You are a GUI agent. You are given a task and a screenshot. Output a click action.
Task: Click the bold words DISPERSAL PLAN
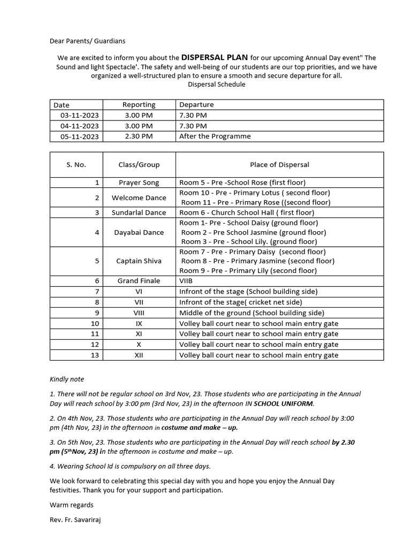click(214, 57)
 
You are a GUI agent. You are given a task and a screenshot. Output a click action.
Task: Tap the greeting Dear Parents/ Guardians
click(88, 41)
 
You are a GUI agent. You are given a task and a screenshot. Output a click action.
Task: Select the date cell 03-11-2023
click(79, 116)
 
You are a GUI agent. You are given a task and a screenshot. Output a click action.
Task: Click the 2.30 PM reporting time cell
click(139, 136)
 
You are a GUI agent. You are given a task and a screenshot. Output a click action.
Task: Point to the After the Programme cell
click(215, 136)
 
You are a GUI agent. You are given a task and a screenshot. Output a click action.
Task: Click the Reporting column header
click(139, 105)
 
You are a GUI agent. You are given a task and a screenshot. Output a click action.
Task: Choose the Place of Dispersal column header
click(279, 165)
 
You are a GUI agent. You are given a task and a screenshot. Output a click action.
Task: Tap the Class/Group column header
click(139, 165)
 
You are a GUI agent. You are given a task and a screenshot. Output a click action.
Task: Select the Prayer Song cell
click(139, 182)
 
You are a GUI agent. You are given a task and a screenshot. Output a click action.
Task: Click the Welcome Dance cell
click(139, 198)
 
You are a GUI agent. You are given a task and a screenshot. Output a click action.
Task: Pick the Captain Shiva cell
click(139, 261)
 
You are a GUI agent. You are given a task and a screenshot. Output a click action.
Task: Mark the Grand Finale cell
click(139, 281)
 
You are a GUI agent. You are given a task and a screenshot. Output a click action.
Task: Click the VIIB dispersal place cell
click(186, 281)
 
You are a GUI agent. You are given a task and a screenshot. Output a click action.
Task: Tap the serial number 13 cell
click(95, 355)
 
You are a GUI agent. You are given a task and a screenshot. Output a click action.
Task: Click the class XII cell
click(139, 355)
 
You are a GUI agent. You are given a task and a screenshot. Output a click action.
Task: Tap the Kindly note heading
click(67, 379)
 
